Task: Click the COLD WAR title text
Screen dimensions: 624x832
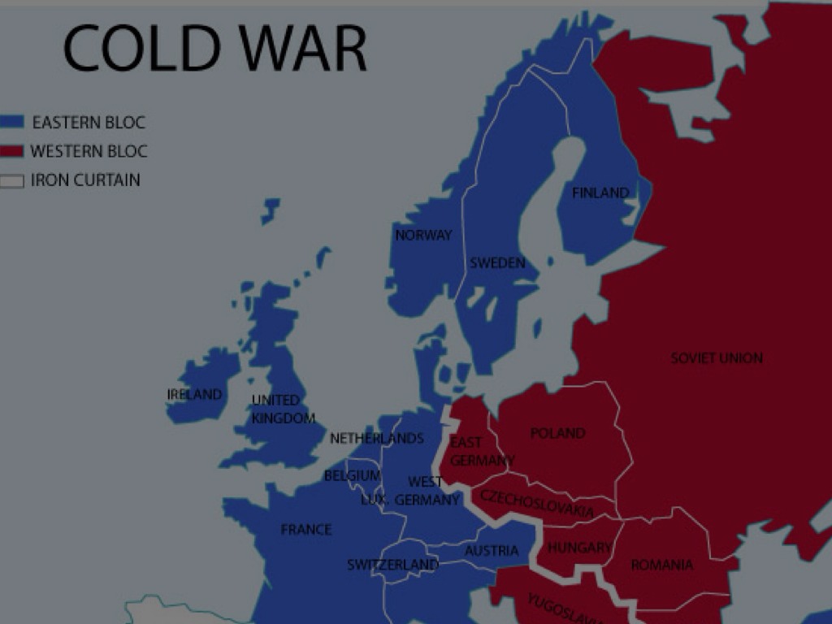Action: [214, 48]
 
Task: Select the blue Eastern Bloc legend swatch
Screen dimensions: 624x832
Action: [11, 123]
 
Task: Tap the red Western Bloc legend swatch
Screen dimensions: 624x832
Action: [11, 152]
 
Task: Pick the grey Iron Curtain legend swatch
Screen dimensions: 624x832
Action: [11, 181]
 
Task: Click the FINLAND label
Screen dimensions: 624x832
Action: [600, 193]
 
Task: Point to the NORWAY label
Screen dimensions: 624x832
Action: [423, 236]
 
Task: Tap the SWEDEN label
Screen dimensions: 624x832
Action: [497, 263]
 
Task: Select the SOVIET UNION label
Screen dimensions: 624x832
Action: [717, 357]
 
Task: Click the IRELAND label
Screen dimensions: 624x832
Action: [194, 395]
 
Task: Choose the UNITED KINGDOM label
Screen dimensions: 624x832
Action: [283, 409]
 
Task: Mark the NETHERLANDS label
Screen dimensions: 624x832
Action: [377, 439]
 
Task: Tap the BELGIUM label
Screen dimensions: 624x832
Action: [352, 475]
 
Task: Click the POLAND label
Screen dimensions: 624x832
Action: [557, 434]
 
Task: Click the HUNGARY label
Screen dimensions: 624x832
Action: [578, 548]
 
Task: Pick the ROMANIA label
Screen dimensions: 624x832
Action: [662, 565]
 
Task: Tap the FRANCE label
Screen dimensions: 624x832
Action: [306, 530]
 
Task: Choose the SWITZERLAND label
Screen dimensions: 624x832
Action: [392, 565]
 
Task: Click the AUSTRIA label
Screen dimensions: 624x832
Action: [492, 551]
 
